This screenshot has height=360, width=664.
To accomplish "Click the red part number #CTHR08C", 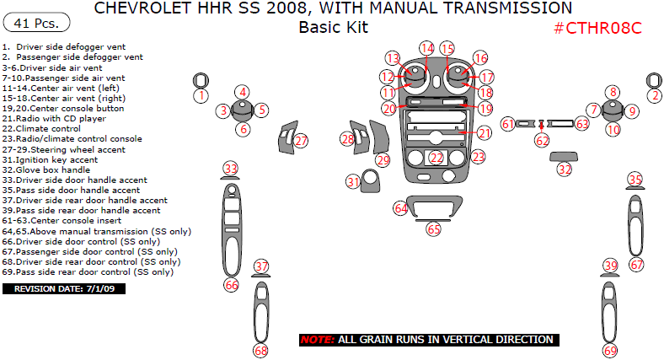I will (x=597, y=28).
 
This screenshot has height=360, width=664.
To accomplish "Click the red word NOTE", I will (x=317, y=340).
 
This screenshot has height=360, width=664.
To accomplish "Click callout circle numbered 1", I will (x=201, y=96).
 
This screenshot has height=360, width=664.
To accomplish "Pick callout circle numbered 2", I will (x=654, y=96).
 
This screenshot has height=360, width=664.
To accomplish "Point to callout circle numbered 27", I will (x=302, y=141).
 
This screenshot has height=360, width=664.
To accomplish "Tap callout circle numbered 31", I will (x=353, y=182).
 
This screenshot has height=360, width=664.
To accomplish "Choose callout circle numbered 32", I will (x=565, y=169).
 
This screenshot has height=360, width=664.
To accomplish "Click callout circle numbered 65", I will (x=434, y=228).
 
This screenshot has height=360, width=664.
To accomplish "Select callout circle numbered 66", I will (x=232, y=285).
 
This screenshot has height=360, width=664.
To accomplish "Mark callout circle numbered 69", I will (x=610, y=350).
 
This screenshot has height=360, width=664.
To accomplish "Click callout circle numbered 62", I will (x=542, y=141).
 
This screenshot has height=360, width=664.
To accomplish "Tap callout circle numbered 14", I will (x=427, y=49).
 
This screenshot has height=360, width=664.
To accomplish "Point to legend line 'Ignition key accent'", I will (x=50, y=159).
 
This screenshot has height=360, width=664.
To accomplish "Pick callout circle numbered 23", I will (x=478, y=157).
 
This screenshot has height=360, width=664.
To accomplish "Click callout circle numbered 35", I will (x=635, y=179).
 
